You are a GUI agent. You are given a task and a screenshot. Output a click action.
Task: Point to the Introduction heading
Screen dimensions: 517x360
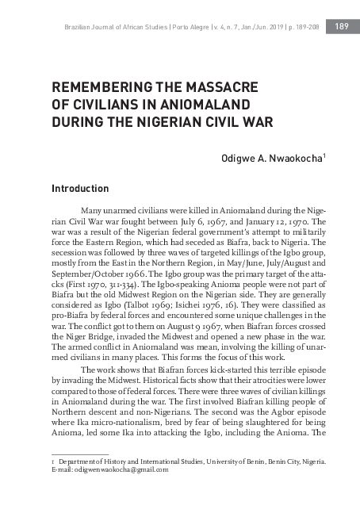tap(79, 190)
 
